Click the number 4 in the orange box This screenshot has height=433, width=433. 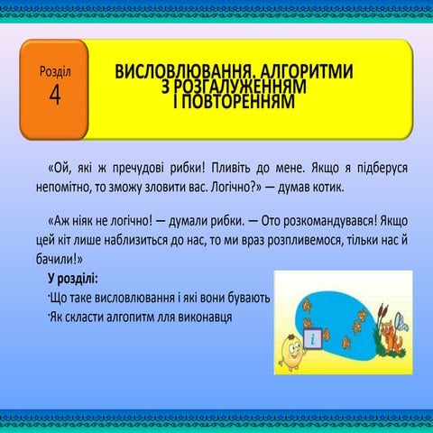pos(55,96)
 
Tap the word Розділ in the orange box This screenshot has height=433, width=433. pos(55,70)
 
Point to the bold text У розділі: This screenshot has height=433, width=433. pos(73,278)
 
